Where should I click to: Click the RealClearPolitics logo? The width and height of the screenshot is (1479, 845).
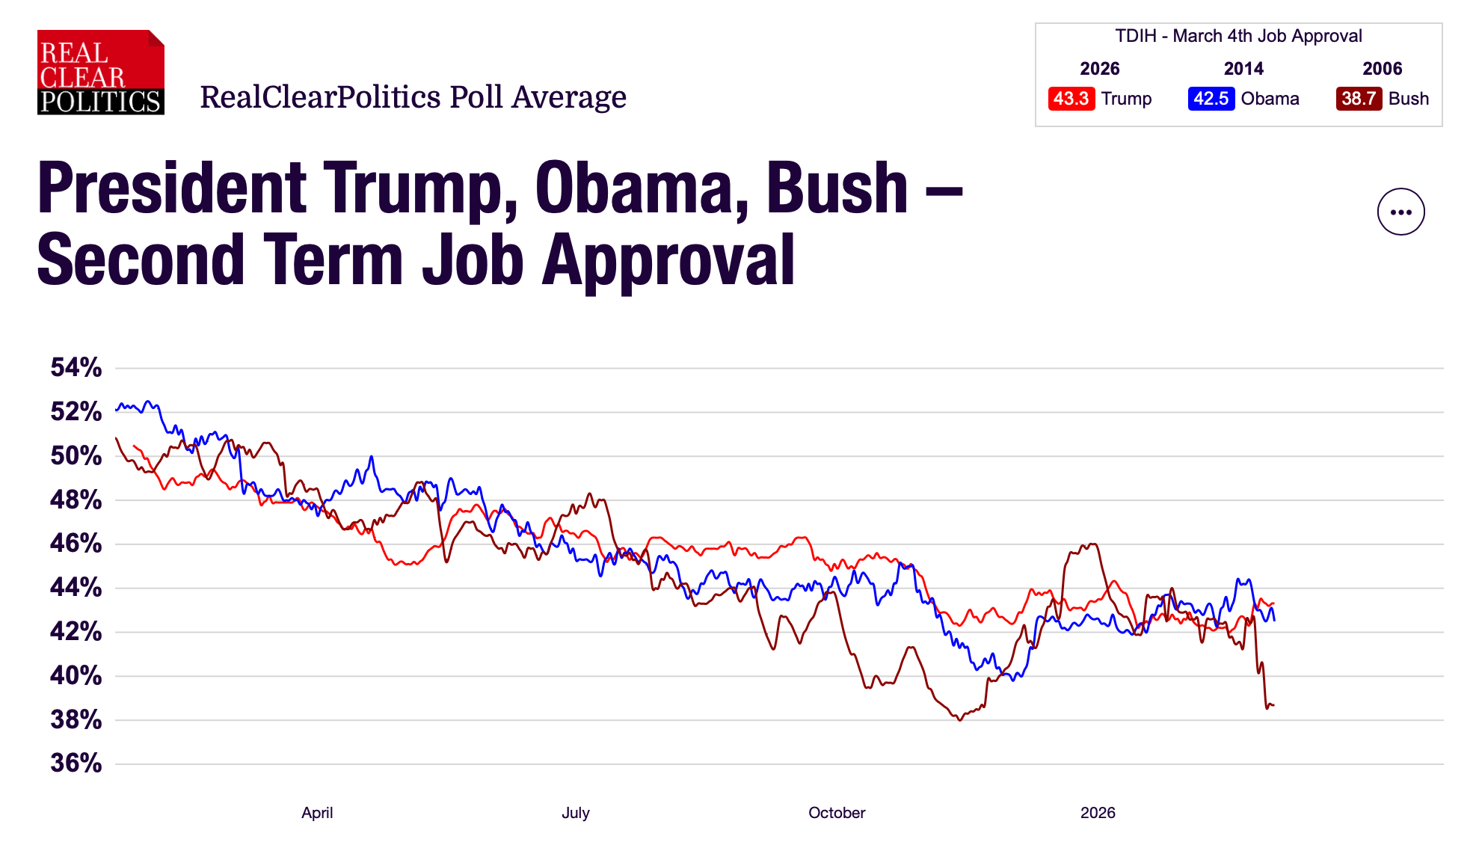[x=100, y=73]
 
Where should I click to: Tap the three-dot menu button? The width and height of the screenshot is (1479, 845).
[x=1400, y=212]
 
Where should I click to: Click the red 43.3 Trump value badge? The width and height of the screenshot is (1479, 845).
[x=1071, y=99]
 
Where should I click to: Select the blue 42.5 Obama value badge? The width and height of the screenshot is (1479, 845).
[x=1210, y=99]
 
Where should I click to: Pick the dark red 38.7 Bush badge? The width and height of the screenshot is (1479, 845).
[x=1358, y=99]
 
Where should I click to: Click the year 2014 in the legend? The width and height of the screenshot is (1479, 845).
[x=1243, y=69]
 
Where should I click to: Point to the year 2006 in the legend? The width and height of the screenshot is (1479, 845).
[x=1382, y=69]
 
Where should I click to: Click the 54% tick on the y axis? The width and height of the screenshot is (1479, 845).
[x=76, y=367]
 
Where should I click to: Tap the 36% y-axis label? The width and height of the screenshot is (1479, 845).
[x=76, y=763]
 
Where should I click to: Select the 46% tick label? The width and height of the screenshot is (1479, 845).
[x=76, y=543]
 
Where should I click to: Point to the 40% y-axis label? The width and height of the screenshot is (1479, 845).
[x=76, y=675]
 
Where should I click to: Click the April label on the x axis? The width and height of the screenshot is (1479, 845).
[x=317, y=813]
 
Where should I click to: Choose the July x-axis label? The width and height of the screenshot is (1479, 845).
[x=575, y=813]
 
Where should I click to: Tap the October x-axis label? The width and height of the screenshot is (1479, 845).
[x=836, y=813]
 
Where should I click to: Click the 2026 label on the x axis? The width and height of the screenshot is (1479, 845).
[x=1097, y=813]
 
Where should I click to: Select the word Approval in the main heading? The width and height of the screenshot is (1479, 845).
[x=668, y=260]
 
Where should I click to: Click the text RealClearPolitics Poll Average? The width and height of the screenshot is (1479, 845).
[x=413, y=97]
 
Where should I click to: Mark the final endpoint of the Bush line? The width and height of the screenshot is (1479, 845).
[x=1273, y=705]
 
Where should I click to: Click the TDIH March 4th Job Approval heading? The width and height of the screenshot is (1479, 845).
[x=1238, y=36]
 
